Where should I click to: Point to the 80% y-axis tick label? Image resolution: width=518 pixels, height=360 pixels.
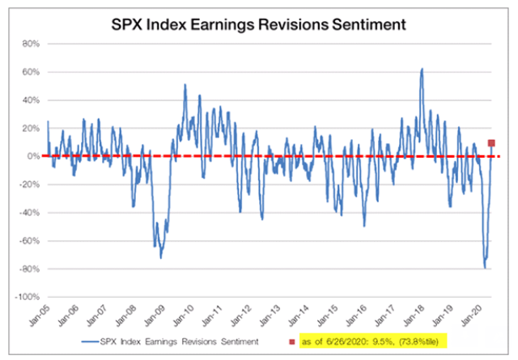coord(29,44)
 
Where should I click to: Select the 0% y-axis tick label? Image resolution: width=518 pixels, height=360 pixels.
coord(32,156)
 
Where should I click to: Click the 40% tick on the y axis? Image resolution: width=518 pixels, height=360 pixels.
coord(29,100)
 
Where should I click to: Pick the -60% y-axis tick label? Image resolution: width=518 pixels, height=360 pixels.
coord(28,241)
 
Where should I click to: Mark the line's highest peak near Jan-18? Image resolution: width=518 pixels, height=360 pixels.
coord(422,70)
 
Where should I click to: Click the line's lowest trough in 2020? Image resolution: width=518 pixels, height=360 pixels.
coord(485,267)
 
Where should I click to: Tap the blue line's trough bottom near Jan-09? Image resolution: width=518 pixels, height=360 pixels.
coord(161,257)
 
